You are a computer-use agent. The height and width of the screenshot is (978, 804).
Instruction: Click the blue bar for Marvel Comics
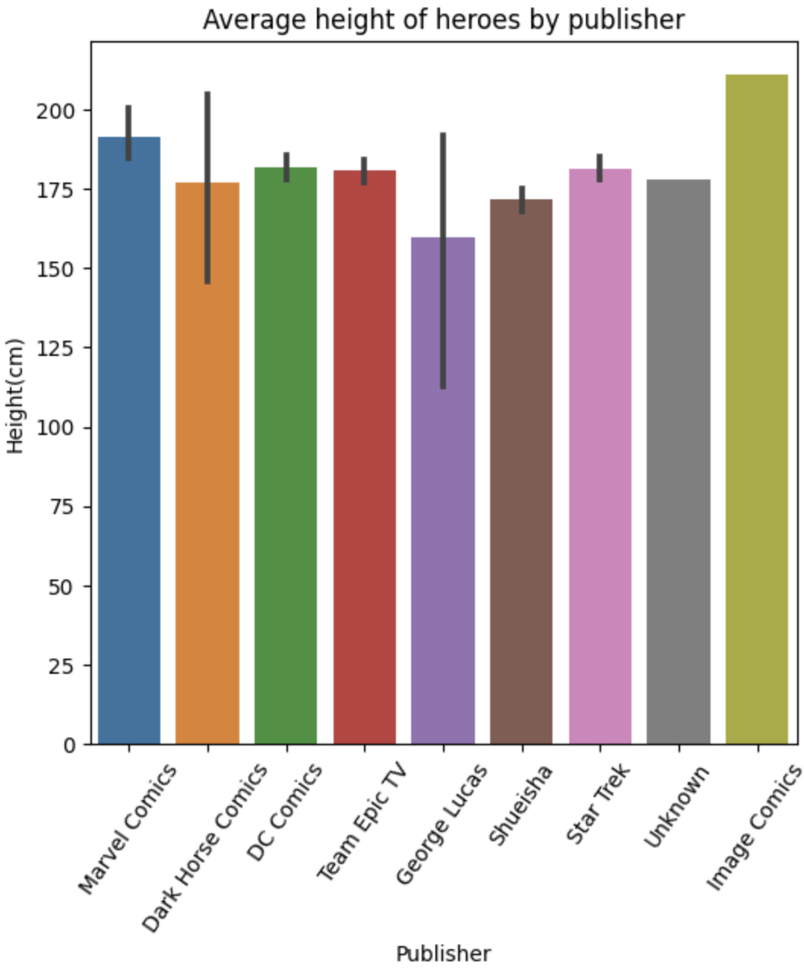[129, 441]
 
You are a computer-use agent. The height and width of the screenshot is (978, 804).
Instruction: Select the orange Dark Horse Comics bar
[207, 464]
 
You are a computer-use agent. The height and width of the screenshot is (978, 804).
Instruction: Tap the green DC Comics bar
[286, 456]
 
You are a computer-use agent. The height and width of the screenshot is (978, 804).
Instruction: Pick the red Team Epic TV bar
[365, 456]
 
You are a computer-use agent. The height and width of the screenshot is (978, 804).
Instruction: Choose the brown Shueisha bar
[521, 472]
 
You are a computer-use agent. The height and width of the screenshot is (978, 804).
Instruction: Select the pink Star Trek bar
[600, 456]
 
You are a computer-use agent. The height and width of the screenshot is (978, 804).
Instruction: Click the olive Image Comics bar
[757, 411]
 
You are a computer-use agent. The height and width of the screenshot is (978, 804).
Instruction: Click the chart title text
[443, 20]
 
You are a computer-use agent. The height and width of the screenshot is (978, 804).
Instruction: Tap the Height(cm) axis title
[16, 395]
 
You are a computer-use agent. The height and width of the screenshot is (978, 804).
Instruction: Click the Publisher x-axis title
[443, 954]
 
